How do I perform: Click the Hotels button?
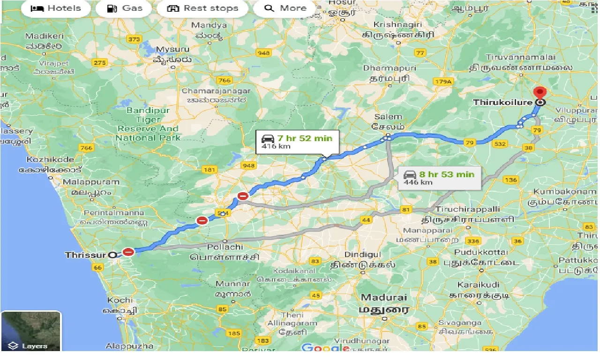point(55,8)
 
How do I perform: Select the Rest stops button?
point(202,8)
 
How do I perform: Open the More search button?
point(285,8)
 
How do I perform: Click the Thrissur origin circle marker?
point(112,255)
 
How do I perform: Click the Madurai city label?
point(384,298)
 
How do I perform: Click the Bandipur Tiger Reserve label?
point(148,124)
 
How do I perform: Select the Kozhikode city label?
point(50,159)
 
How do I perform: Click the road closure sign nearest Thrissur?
point(128,252)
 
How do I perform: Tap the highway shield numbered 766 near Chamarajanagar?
point(225,81)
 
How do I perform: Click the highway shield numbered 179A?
point(443,82)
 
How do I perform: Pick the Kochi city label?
point(120,300)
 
